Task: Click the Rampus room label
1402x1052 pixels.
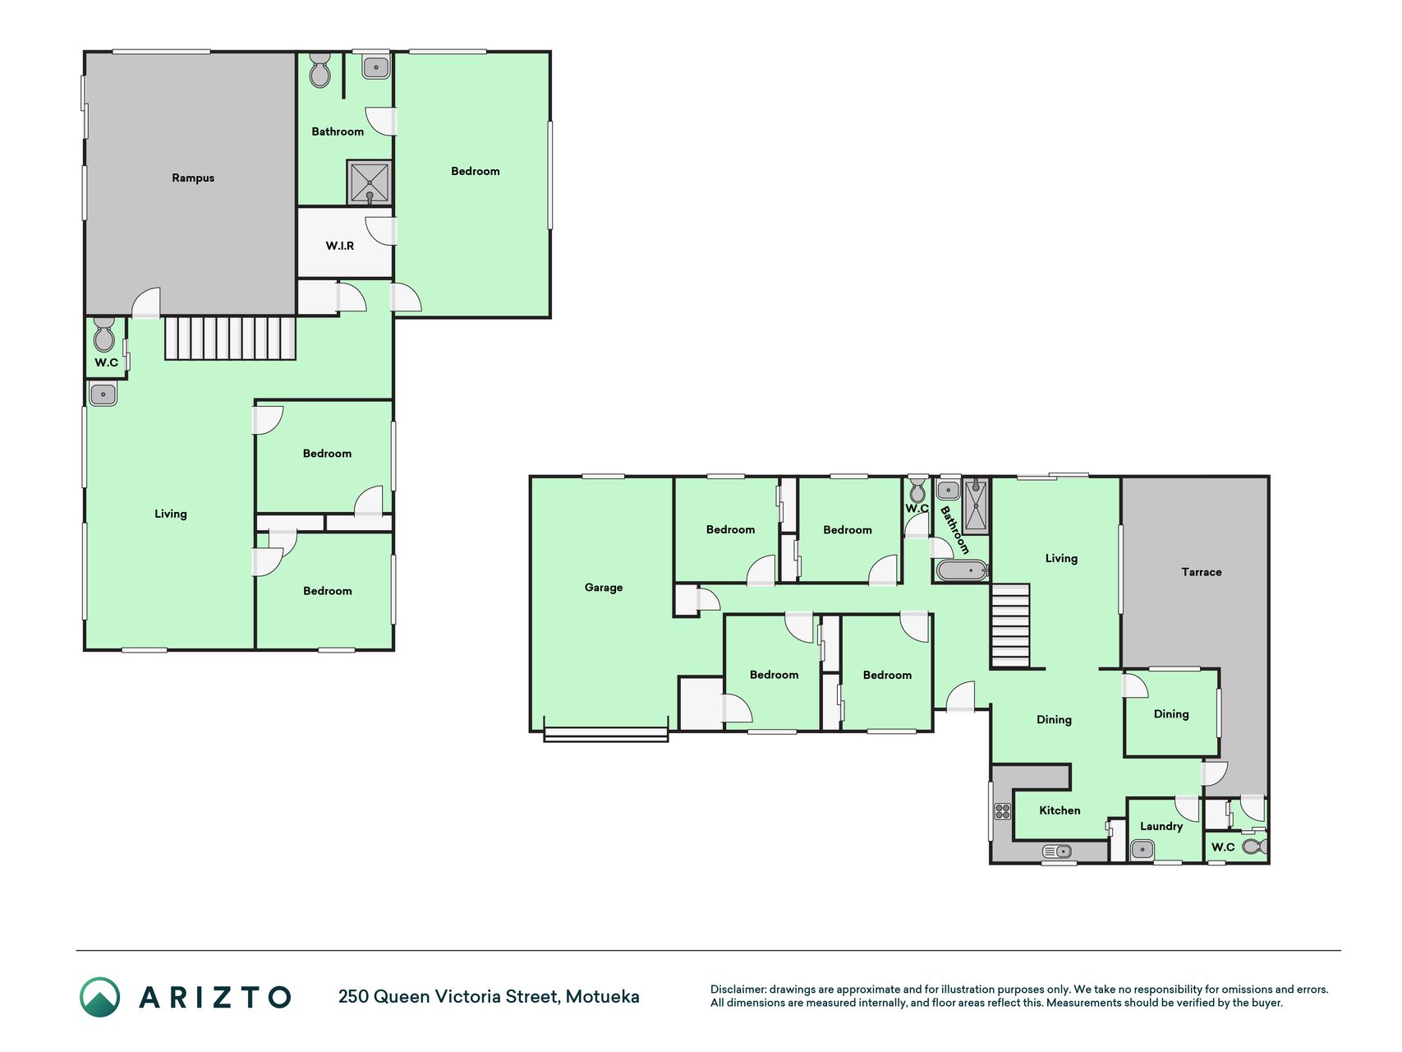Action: pyautogui.click(x=193, y=178)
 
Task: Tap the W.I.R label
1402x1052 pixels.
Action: pyautogui.click(x=340, y=246)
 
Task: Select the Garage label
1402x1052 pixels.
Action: pyautogui.click(x=604, y=588)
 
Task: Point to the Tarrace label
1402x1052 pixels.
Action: pyautogui.click(x=1202, y=572)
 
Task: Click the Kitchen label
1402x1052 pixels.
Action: pyautogui.click(x=1060, y=810)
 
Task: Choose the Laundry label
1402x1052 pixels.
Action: pyautogui.click(x=1161, y=826)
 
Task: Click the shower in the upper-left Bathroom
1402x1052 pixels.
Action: pyautogui.click(x=370, y=182)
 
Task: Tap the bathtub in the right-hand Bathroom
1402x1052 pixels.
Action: pyautogui.click(x=962, y=570)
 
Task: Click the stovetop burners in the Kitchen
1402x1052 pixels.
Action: pyautogui.click(x=1002, y=811)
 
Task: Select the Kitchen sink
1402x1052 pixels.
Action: pyautogui.click(x=1057, y=851)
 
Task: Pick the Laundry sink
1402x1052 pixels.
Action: pyautogui.click(x=1142, y=849)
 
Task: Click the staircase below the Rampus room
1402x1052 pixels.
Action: pyautogui.click(x=230, y=339)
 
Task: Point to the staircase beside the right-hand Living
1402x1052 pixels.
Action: pyautogui.click(x=1010, y=625)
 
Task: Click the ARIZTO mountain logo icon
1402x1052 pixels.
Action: pyautogui.click(x=99, y=997)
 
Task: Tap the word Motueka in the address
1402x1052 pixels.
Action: pyautogui.click(x=602, y=996)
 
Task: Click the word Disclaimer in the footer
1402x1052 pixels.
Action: pyautogui.click(x=738, y=990)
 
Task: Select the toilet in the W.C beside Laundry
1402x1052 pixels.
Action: pyautogui.click(x=1254, y=846)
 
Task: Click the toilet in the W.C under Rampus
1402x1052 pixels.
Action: pyautogui.click(x=104, y=334)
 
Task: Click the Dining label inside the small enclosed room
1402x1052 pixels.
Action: pyautogui.click(x=1171, y=714)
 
